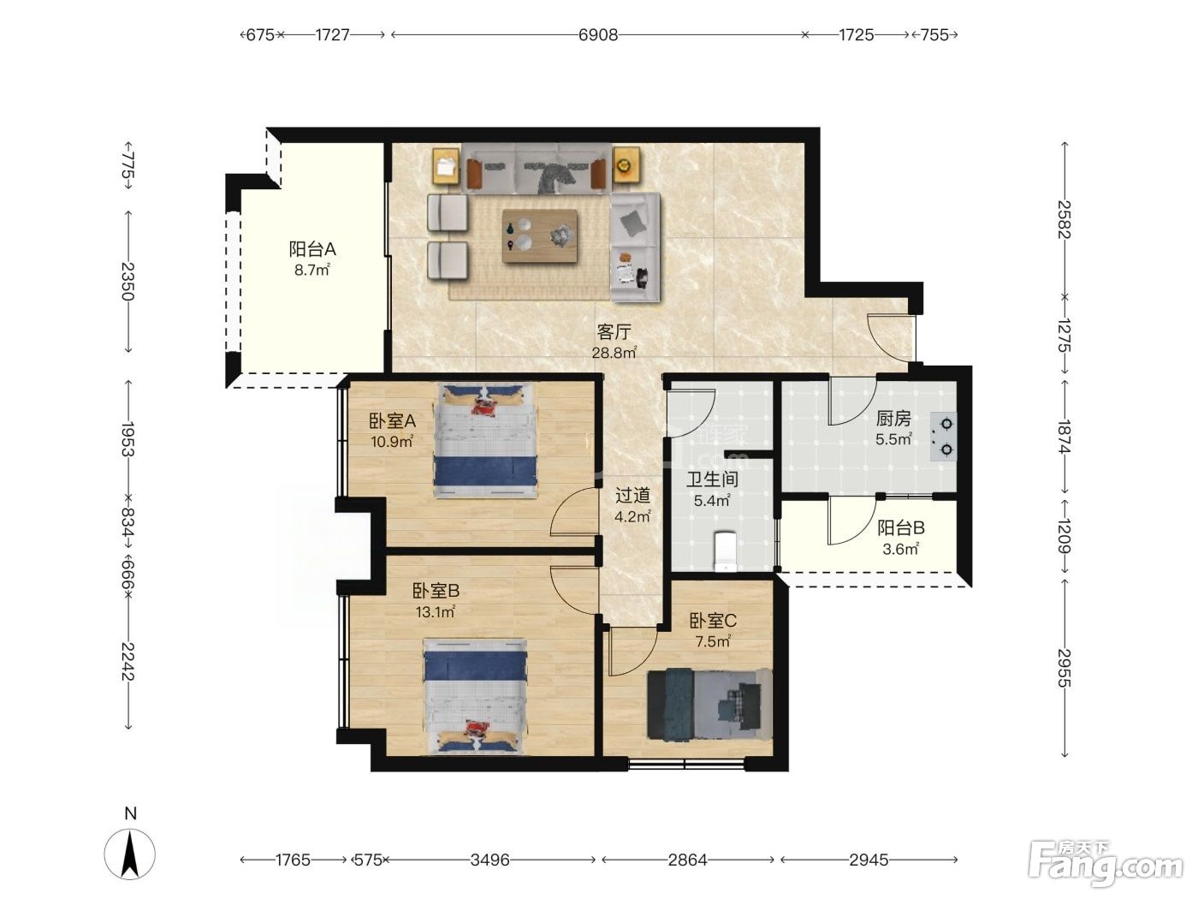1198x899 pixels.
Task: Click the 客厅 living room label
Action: point(614,331)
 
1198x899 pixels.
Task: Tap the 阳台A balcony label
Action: point(312,249)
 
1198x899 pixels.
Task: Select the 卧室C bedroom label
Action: point(713,620)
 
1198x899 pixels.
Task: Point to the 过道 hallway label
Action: point(632,495)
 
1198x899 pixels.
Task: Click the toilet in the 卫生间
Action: point(726,551)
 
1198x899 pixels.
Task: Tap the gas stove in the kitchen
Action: point(944,437)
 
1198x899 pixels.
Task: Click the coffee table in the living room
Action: point(539,236)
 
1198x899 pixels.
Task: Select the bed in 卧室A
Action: point(485,440)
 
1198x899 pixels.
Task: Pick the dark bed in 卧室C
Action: point(709,704)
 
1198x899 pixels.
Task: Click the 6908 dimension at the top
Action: point(598,35)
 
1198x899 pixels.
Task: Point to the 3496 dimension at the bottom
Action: point(489,860)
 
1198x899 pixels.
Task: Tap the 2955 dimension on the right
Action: point(1065,668)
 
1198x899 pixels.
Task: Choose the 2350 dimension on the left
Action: point(128,282)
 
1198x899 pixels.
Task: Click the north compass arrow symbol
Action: point(130,854)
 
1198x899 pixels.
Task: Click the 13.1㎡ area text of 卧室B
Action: point(436,612)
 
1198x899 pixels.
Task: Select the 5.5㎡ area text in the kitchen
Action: point(893,439)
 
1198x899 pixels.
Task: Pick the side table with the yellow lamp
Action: point(626,164)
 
